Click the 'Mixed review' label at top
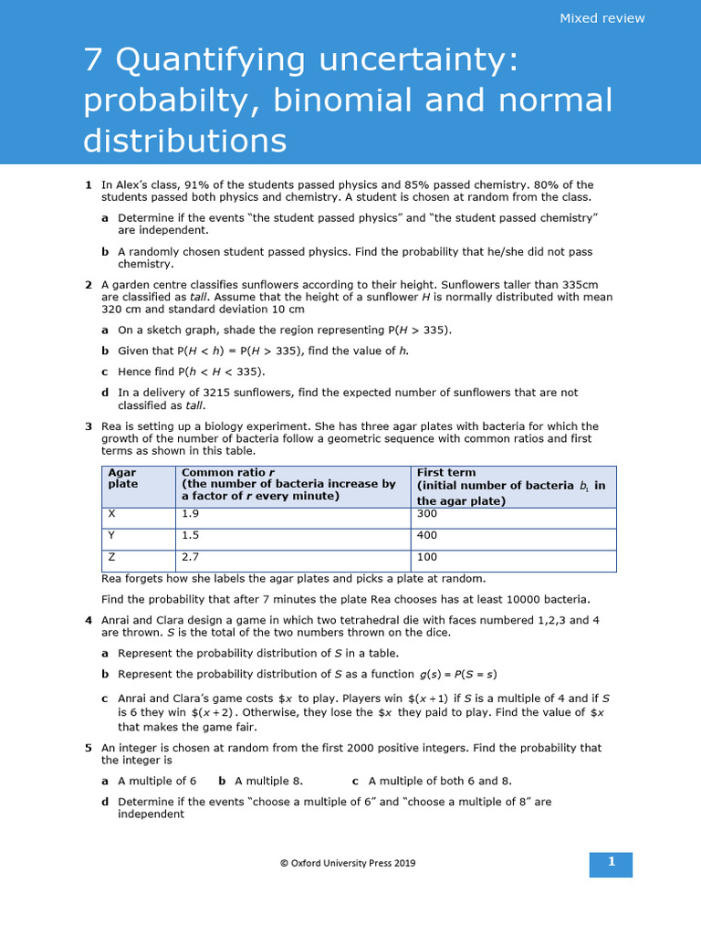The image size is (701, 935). point(602,18)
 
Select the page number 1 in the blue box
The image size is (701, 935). point(612,862)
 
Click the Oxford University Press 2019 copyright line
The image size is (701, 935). point(347,863)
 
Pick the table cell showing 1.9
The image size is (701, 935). point(190,514)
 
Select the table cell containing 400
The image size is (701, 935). point(427,535)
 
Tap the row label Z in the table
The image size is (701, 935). point(111,557)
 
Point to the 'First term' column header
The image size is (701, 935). point(447,473)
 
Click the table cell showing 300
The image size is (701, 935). point(427,514)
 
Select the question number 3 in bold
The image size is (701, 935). point(89,426)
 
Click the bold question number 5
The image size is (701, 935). point(89,748)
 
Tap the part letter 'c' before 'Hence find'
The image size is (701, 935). point(105,372)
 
